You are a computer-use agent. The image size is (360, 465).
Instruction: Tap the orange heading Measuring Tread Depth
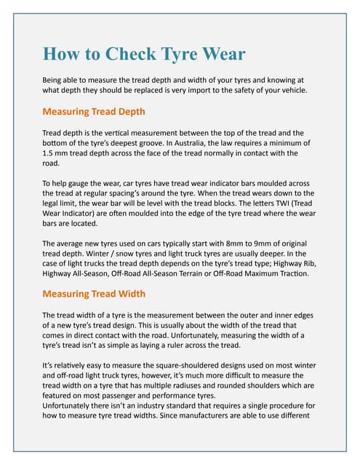(x=94, y=112)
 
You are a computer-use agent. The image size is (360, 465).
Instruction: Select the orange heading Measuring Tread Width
(x=94, y=294)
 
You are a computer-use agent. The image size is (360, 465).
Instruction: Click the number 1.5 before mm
(x=50, y=153)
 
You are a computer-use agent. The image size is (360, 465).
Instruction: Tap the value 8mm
(x=240, y=243)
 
